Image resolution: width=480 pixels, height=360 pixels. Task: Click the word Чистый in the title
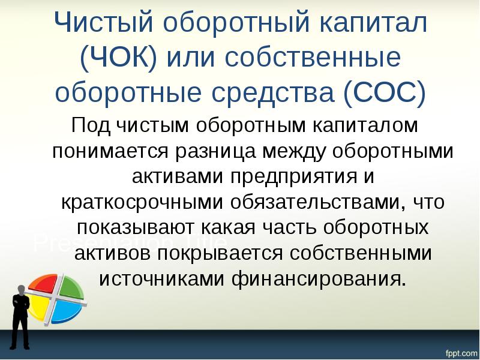tap(107, 25)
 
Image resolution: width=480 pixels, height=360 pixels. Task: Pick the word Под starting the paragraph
tap(90, 127)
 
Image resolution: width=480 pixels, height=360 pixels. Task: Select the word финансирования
tap(322, 278)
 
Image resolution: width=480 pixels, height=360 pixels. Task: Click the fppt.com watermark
tap(459, 350)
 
